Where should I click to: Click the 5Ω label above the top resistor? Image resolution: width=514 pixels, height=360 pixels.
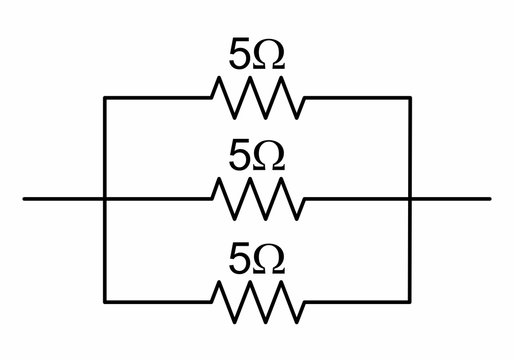256,57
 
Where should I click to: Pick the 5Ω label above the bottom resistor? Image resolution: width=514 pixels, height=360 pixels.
256,259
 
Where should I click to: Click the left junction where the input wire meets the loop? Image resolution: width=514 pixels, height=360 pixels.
105,199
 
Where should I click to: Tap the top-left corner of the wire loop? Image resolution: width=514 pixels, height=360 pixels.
105,97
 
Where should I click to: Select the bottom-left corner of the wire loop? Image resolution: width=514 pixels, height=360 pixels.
105,300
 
